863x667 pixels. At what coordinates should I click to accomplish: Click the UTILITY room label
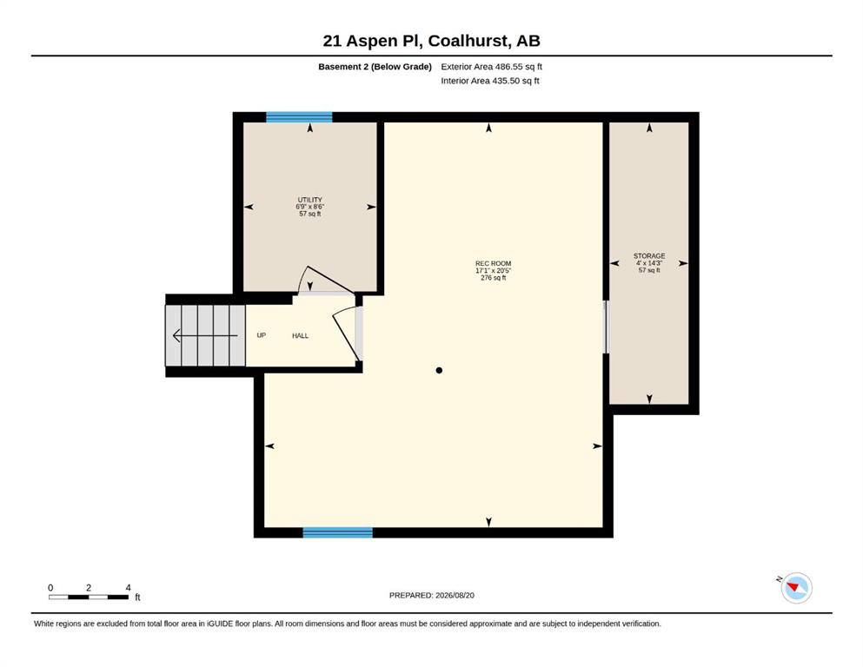[310, 200]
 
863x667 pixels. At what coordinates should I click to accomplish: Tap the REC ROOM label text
[493, 263]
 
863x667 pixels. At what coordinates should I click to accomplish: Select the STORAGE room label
[649, 255]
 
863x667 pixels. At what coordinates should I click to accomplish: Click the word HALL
[300, 335]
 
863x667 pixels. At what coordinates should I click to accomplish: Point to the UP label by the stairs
[262, 335]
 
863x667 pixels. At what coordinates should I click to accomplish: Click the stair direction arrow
[205, 335]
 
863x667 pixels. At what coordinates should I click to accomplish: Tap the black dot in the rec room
[439, 370]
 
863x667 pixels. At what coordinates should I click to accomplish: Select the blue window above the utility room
[299, 117]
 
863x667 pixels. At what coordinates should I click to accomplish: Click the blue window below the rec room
[337, 532]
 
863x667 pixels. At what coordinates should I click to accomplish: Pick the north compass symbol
[796, 588]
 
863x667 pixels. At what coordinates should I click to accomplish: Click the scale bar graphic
[89, 597]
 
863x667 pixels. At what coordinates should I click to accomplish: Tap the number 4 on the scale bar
[129, 587]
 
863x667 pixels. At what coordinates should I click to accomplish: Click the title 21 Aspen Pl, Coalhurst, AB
[431, 41]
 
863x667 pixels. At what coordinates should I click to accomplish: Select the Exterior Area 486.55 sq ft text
[492, 67]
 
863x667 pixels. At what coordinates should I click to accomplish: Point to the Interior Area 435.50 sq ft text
[490, 81]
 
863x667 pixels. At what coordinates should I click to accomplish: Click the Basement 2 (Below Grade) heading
[375, 67]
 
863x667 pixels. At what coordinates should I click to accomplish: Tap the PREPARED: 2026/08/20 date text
[431, 595]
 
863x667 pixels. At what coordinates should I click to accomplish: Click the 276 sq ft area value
[493, 278]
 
